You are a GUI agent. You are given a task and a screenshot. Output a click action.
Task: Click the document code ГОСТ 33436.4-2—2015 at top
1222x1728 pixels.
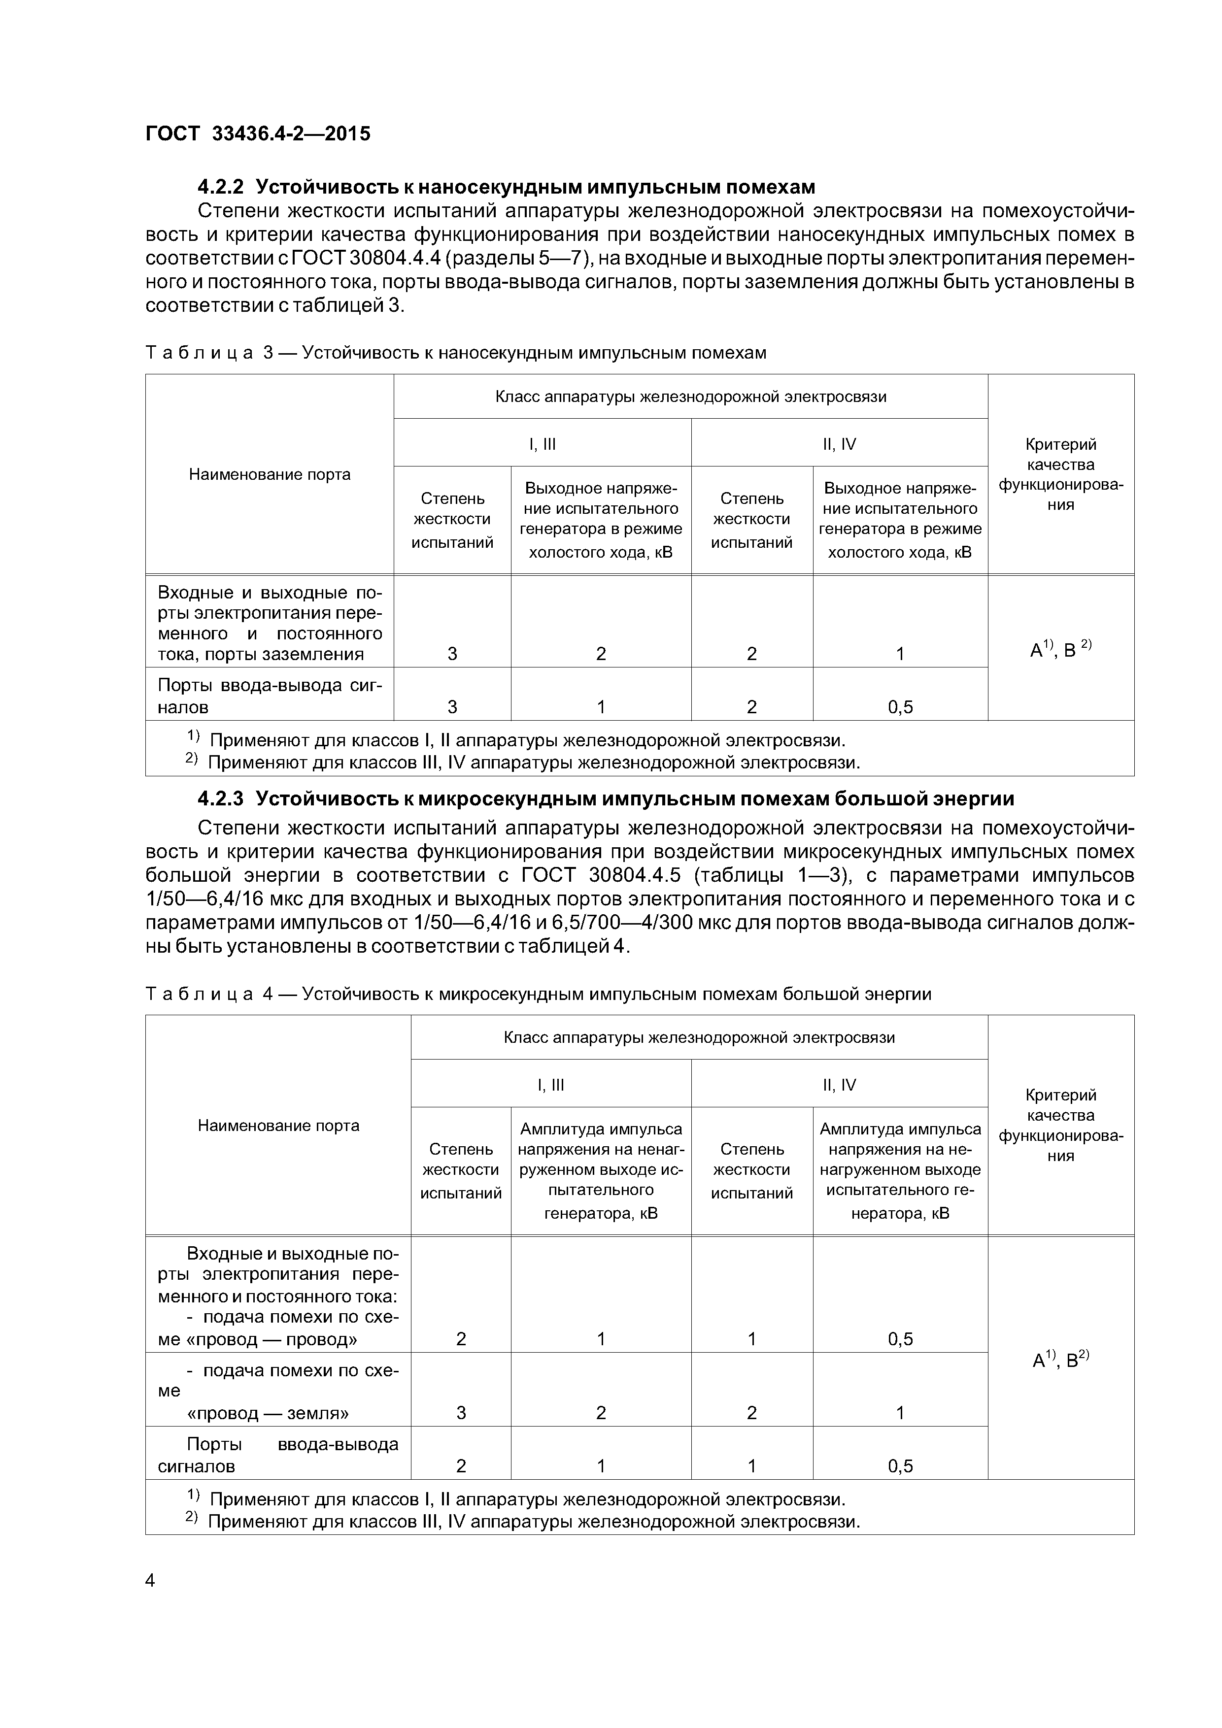point(258,134)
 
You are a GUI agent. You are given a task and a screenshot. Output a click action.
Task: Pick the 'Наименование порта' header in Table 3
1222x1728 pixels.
point(269,474)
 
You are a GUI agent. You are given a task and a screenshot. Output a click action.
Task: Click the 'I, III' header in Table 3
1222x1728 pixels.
point(542,444)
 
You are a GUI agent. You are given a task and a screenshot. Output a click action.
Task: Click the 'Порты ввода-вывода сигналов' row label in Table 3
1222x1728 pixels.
point(269,696)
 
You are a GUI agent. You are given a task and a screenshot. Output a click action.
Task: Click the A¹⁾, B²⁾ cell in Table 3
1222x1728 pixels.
point(1060,648)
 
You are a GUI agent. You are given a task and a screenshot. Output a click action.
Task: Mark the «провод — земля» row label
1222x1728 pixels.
point(267,1413)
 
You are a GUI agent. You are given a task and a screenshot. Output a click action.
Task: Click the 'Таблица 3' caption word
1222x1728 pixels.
point(200,353)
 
